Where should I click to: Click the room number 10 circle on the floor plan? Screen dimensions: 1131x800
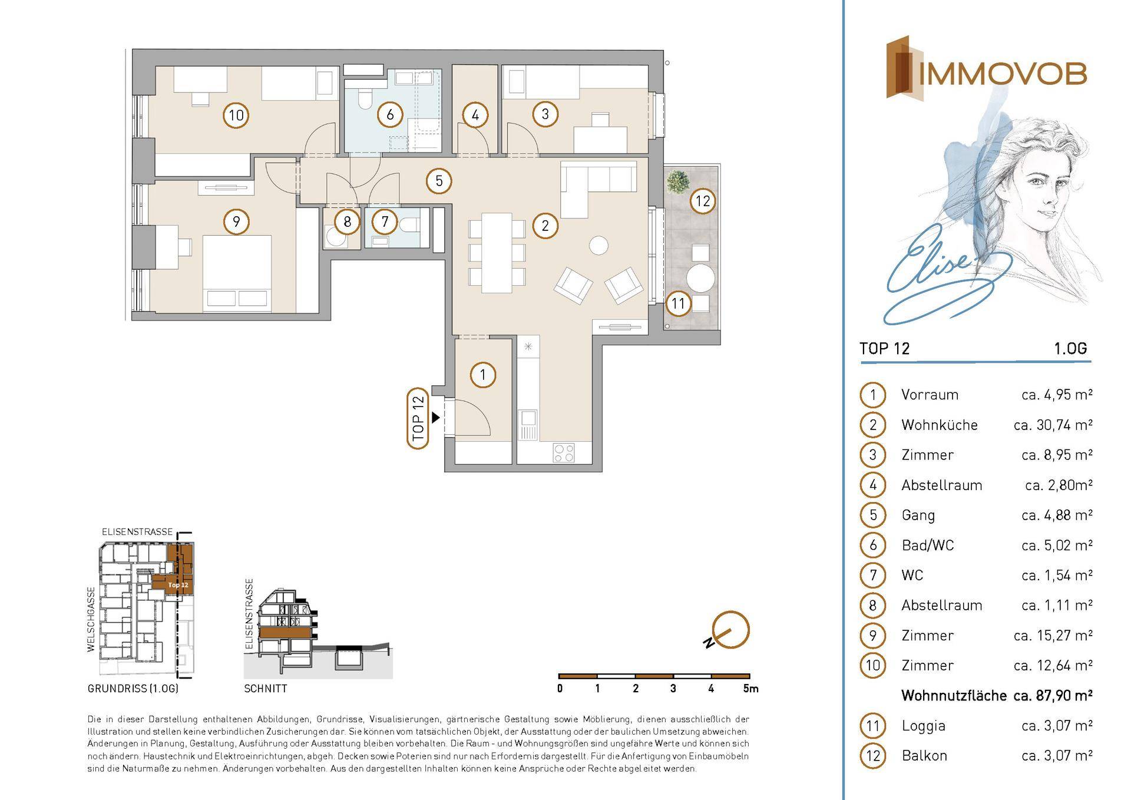pyautogui.click(x=236, y=115)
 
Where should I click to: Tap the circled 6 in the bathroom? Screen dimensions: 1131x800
pyautogui.click(x=390, y=114)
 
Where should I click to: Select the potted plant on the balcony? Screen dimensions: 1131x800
pyautogui.click(x=677, y=181)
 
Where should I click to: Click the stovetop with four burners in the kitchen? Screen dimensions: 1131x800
pyautogui.click(x=564, y=452)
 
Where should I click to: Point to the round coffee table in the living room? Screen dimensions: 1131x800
pyautogui.click(x=599, y=244)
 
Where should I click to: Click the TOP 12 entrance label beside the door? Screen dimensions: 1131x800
pyautogui.click(x=418, y=419)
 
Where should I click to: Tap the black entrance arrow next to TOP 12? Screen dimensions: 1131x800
pyautogui.click(x=435, y=418)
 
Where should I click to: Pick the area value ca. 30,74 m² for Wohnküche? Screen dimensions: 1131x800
pyautogui.click(x=1053, y=425)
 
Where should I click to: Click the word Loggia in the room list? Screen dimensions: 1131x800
pyautogui.click(x=923, y=726)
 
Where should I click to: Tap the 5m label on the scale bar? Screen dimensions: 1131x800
pyautogui.click(x=750, y=688)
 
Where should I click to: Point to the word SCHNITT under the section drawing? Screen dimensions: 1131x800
pyautogui.click(x=266, y=688)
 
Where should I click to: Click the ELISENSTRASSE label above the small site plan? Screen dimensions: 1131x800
pyautogui.click(x=137, y=531)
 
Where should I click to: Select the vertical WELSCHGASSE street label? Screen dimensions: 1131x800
pyautogui.click(x=91, y=619)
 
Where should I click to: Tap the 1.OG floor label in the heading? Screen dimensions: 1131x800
pyautogui.click(x=1070, y=349)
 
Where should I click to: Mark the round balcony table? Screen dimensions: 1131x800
pyautogui.click(x=701, y=278)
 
